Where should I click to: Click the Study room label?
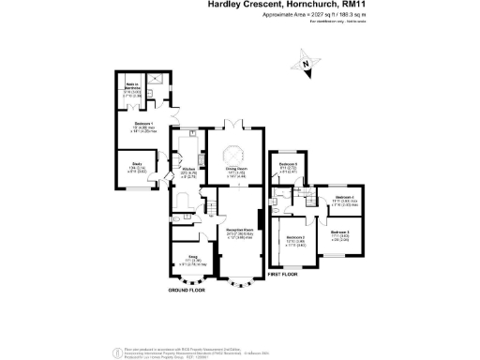124,168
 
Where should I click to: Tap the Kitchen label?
187,169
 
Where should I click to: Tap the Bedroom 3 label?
339,232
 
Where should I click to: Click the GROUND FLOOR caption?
187,292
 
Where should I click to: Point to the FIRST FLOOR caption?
283,274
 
